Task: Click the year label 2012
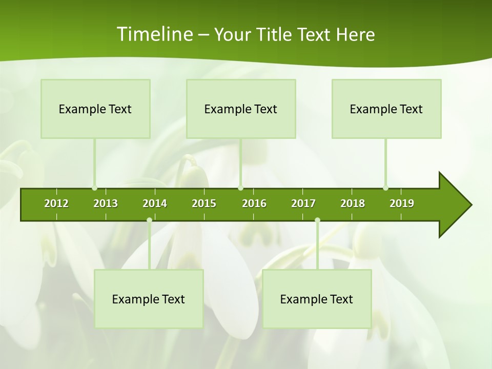[56, 203]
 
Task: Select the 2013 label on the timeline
[106, 203]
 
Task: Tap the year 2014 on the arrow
[155, 203]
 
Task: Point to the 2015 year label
[204, 203]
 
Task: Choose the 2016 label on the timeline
[254, 203]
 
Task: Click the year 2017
[303, 203]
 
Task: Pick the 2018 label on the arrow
[353, 203]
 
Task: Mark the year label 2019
[402, 203]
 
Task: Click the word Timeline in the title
[154, 34]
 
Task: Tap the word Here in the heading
[355, 34]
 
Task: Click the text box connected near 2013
[95, 109]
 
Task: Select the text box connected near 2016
[241, 109]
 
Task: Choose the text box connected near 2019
[386, 109]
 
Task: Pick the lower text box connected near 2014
[149, 299]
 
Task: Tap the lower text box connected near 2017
[317, 299]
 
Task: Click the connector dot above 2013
[95, 188]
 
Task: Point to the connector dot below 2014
[149, 220]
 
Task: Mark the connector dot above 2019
[385, 188]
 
